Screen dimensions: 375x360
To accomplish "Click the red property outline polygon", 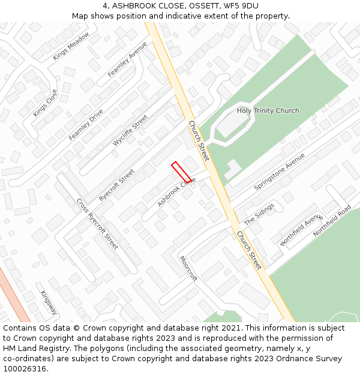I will click(181, 172).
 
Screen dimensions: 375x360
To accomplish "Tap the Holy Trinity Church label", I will click(268, 111).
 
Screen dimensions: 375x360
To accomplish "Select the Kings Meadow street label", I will click(71, 46).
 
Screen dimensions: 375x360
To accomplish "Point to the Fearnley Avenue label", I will click(127, 59).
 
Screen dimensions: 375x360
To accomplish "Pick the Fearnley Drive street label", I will click(86, 124).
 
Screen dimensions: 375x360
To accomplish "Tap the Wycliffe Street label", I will click(130, 131).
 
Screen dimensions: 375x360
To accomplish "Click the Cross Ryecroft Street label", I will click(97, 224).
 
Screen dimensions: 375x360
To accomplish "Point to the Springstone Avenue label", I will click(280, 172).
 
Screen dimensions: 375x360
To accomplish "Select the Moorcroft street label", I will click(188, 269).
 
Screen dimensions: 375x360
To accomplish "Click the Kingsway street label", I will click(49, 303).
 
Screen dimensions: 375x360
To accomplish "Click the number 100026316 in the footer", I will click(25, 368).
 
